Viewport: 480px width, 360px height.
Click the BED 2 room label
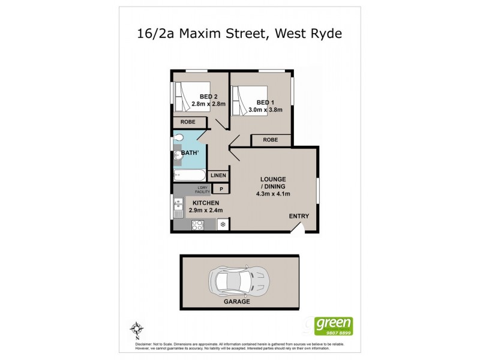click(199, 96)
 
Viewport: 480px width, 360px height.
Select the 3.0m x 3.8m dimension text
click(265, 110)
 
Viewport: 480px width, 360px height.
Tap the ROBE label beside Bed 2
click(187, 122)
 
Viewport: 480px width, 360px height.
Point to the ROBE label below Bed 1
click(270, 140)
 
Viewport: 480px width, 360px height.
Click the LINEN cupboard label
click(218, 176)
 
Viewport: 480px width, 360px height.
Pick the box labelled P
click(221, 190)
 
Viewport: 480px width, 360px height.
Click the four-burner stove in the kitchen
click(197, 225)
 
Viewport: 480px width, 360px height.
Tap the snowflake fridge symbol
click(223, 225)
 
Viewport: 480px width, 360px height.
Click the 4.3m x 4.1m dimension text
click(273, 194)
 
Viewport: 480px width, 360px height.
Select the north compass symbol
click(137, 329)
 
